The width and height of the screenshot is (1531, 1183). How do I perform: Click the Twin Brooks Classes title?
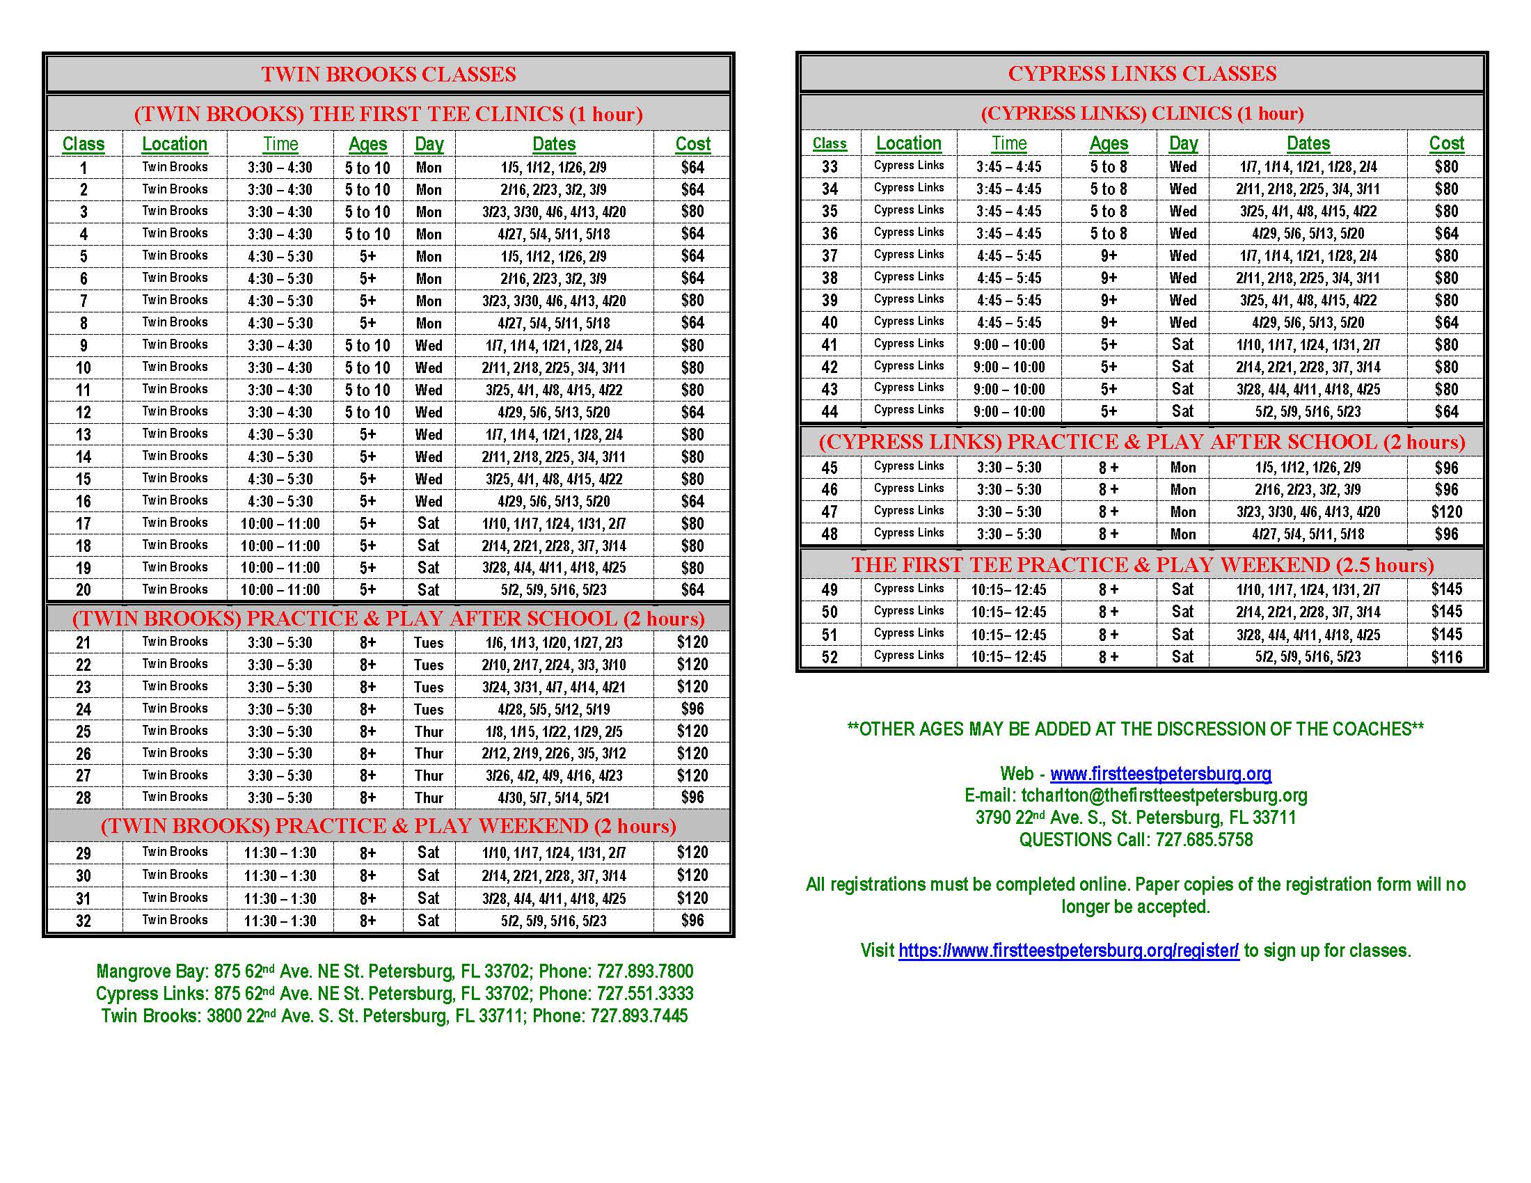click(x=388, y=74)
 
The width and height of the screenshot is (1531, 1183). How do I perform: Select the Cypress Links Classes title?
click(x=1142, y=74)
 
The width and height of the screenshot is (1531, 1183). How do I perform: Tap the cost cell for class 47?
click(x=1446, y=511)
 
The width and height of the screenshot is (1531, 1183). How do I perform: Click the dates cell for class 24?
click(x=554, y=709)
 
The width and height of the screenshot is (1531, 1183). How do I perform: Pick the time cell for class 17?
click(x=280, y=523)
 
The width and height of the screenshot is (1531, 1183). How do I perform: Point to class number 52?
click(x=830, y=657)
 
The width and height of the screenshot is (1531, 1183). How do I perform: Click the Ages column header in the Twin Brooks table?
click(x=367, y=144)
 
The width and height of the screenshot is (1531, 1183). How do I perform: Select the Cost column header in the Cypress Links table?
click(x=1446, y=143)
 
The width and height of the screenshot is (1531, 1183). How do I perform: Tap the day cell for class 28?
click(x=428, y=797)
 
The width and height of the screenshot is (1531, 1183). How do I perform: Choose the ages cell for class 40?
click(x=1109, y=322)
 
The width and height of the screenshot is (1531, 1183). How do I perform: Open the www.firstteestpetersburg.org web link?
click(x=1160, y=774)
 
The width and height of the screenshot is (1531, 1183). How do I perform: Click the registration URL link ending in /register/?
click(x=1068, y=951)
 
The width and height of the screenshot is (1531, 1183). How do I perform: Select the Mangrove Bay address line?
click(x=394, y=971)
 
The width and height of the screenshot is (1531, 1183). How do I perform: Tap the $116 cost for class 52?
click(x=1446, y=657)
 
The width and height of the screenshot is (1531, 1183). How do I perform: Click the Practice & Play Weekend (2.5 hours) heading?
click(x=1142, y=565)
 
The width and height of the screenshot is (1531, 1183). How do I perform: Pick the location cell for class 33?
click(x=908, y=166)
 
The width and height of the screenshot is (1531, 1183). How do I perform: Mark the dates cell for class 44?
click(x=1308, y=411)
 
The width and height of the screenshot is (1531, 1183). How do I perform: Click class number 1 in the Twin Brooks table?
click(x=84, y=168)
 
